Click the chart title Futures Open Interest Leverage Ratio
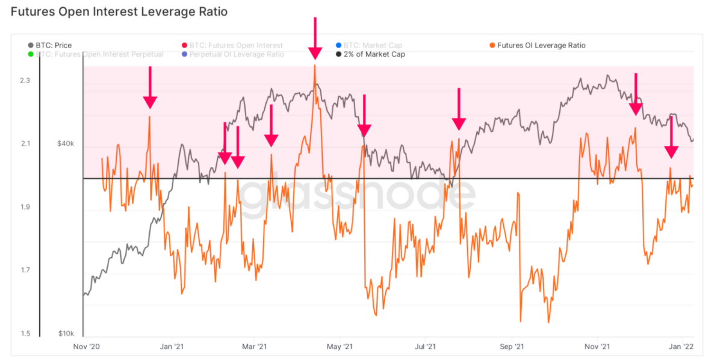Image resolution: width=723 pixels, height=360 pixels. pyautogui.click(x=119, y=11)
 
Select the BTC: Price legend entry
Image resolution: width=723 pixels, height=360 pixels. pyautogui.click(x=54, y=45)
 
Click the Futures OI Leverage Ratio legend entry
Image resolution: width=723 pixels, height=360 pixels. pyautogui.click(x=541, y=45)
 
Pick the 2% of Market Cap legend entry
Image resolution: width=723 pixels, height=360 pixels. pyautogui.click(x=374, y=54)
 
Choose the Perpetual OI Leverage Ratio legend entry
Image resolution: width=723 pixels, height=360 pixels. pyautogui.click(x=237, y=54)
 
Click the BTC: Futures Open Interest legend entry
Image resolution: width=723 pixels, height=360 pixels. pyautogui.click(x=235, y=45)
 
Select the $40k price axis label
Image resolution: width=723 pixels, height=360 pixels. pyautogui.click(x=66, y=144)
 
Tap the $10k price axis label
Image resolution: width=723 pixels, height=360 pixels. pyautogui.click(x=66, y=334)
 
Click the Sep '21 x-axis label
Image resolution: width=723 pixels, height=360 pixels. pyautogui.click(x=512, y=346)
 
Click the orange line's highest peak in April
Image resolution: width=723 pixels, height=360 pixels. pyautogui.click(x=315, y=65)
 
